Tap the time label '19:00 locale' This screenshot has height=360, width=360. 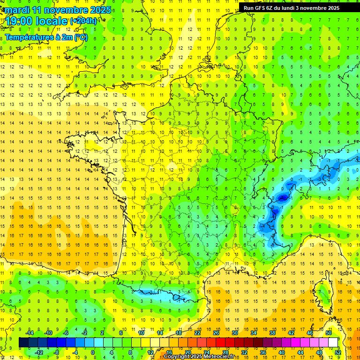click(37, 21)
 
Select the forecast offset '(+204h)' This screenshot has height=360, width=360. click(83, 21)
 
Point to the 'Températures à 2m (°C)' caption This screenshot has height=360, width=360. click(46, 37)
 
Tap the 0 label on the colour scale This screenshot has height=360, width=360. click(92, 352)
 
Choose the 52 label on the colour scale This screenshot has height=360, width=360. click(337, 352)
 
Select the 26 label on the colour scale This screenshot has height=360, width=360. click(216, 333)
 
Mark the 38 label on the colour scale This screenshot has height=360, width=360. click(272, 333)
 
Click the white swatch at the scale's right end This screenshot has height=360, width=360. click(333, 343)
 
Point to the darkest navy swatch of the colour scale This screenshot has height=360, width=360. click(24, 343)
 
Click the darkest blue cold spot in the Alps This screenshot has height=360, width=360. click(283, 198)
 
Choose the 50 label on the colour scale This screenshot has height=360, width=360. click(328, 333)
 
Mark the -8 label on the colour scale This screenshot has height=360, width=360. click(56, 352)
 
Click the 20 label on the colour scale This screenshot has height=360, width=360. click(187, 352)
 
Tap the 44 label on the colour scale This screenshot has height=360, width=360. click(300, 352)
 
